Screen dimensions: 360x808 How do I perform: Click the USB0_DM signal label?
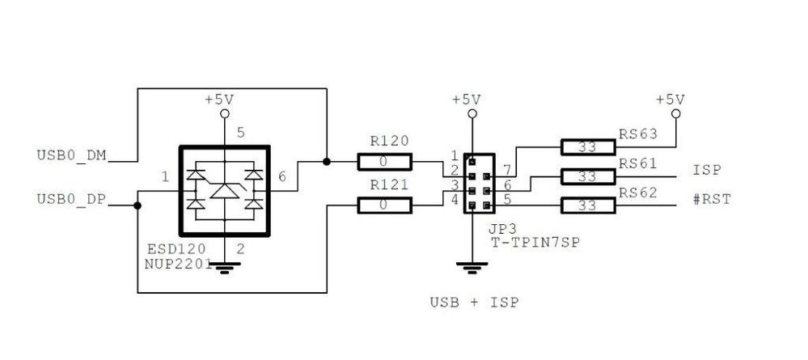click(71, 154)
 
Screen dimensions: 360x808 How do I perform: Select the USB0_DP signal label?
click(71, 198)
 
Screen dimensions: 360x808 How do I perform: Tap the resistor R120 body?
click(384, 162)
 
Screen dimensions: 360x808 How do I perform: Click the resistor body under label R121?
click(384, 205)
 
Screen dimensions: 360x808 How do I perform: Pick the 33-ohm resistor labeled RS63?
click(588, 147)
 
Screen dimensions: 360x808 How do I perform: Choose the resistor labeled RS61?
click(588, 176)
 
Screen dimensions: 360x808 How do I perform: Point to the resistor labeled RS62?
click(588, 205)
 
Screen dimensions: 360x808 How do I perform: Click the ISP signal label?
click(706, 171)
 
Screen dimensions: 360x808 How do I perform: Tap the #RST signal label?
click(712, 199)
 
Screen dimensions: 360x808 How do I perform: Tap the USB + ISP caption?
click(474, 303)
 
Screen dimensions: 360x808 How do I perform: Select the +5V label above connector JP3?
click(466, 100)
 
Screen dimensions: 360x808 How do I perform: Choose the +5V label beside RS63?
click(670, 100)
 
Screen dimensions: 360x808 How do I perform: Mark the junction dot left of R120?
click(327, 162)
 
